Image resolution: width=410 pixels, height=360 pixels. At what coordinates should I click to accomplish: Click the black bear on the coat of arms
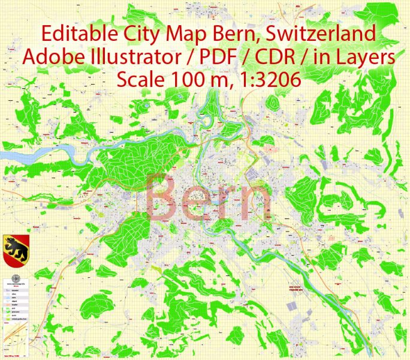(x=13, y=246)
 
